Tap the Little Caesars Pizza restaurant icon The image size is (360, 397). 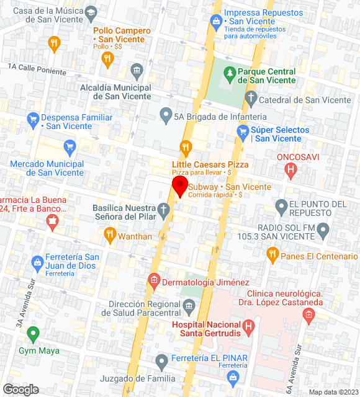tap(184, 147)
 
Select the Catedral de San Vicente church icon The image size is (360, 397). tap(251, 97)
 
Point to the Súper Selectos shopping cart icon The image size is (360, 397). tap(243, 131)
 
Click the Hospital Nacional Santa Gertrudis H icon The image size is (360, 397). tap(249, 325)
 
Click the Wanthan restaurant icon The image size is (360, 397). tap(110, 234)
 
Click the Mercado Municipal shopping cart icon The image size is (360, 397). tap(70, 147)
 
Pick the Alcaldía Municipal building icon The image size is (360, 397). tap(137, 69)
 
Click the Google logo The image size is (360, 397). tap(20, 390)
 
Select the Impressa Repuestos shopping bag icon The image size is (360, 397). tap(215, 22)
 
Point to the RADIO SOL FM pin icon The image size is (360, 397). tap(323, 231)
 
